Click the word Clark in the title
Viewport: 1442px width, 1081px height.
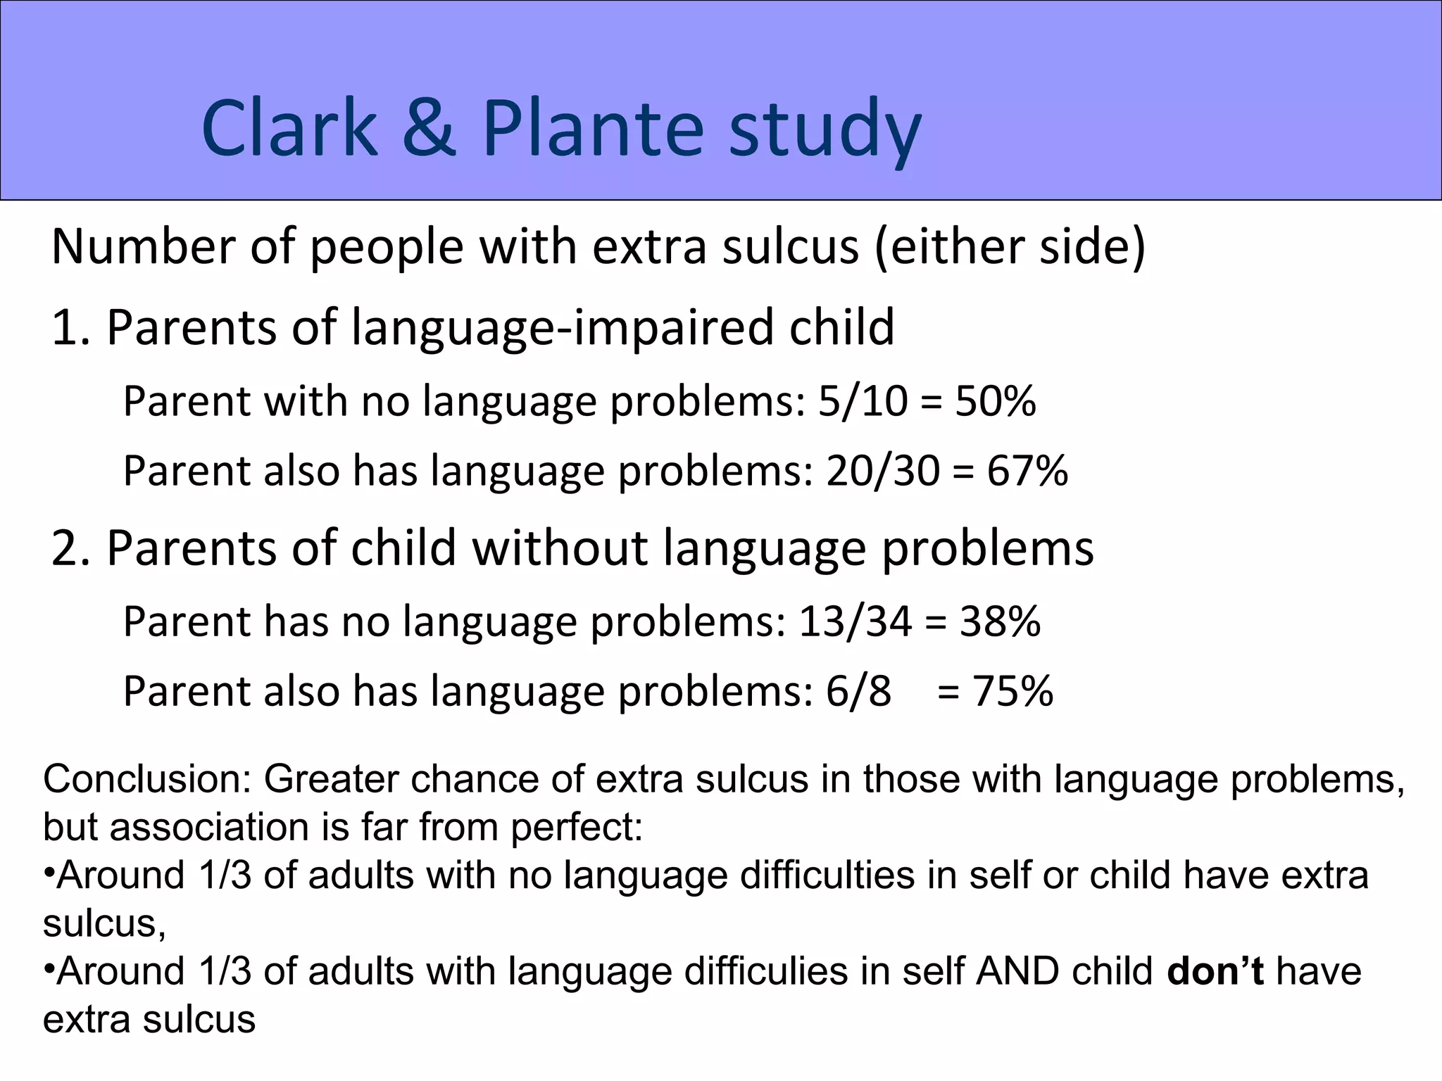(x=289, y=129)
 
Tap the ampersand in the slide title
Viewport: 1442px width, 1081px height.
(x=430, y=129)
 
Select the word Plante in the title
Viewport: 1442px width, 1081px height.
(x=593, y=129)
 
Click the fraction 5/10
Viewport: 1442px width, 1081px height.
(x=863, y=402)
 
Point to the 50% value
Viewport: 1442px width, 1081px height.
(x=996, y=402)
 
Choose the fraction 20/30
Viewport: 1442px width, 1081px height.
(x=883, y=471)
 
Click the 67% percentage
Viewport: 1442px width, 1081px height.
(x=1027, y=471)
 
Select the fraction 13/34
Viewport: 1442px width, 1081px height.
(x=855, y=622)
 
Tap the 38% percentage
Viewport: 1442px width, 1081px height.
(x=1000, y=622)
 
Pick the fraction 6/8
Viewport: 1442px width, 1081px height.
(x=858, y=691)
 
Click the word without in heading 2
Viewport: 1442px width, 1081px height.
(x=559, y=548)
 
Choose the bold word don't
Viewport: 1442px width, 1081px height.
(x=1215, y=972)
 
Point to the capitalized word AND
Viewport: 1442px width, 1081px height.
(x=1017, y=972)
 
